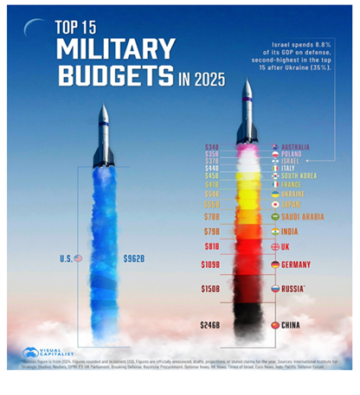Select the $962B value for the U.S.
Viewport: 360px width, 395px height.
138,258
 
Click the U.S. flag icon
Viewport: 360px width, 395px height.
78,258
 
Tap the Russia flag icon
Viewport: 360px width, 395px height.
274,290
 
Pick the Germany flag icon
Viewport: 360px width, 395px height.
274,264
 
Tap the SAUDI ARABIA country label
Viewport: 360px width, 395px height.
303,217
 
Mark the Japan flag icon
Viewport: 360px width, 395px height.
274,205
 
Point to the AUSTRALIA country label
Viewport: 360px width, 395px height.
300,148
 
